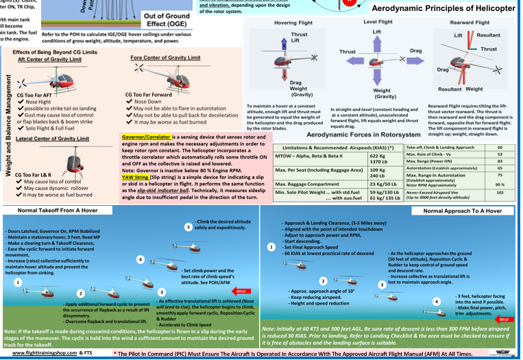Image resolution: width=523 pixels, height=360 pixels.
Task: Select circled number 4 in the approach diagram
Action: (x=437, y=301)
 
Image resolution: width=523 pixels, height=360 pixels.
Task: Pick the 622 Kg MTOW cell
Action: (x=372, y=156)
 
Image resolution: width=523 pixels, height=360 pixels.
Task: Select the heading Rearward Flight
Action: (x=468, y=22)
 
